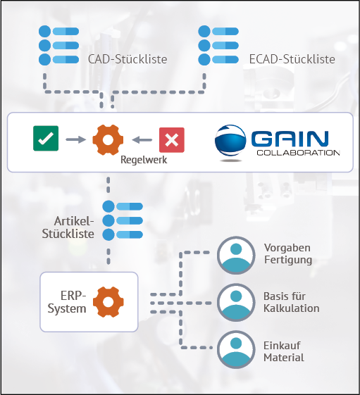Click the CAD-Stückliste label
click(x=127, y=59)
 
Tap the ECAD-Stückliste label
click(x=292, y=59)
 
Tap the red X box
click(x=170, y=139)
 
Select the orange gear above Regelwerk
click(x=108, y=139)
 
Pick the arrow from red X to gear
click(x=142, y=139)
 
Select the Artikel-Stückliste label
click(x=74, y=228)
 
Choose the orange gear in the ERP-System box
click(x=108, y=301)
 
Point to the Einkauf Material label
click(x=285, y=351)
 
